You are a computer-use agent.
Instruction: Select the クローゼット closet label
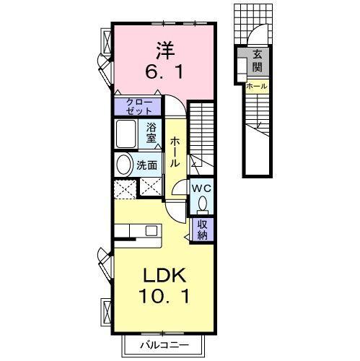click(139, 105)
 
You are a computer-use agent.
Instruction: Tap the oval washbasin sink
click(123, 164)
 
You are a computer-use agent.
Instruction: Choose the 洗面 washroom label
click(148, 165)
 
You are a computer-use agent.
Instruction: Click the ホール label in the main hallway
click(175, 152)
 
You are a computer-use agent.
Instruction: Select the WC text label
click(201, 187)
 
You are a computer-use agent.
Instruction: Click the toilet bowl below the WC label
click(202, 204)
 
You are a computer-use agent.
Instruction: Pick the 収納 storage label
click(202, 229)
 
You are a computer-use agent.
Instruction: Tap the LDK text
click(164, 276)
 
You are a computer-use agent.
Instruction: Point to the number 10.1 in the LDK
click(164, 297)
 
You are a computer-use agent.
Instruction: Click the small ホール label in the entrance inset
click(256, 87)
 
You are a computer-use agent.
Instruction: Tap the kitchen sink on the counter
click(151, 231)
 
